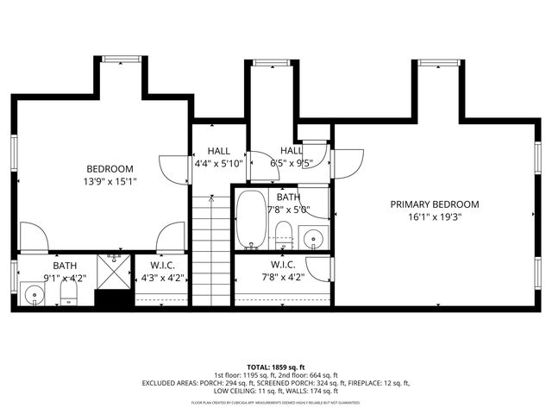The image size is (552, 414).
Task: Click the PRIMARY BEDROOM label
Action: tap(434, 204)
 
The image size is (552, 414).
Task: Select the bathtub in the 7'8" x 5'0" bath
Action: tap(252, 218)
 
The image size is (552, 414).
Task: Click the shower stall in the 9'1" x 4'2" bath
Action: tap(110, 271)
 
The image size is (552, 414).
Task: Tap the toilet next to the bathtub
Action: tap(283, 233)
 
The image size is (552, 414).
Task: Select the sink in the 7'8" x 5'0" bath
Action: tap(313, 236)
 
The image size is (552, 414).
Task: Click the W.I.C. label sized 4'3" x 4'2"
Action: tap(163, 265)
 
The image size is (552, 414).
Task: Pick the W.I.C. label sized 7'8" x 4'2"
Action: tap(283, 265)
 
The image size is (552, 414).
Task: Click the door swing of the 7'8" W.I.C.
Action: tap(320, 268)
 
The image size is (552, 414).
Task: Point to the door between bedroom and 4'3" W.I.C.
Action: tap(172, 235)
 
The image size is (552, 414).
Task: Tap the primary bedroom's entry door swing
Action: tap(347, 164)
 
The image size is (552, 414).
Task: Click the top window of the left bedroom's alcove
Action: tap(120, 59)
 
